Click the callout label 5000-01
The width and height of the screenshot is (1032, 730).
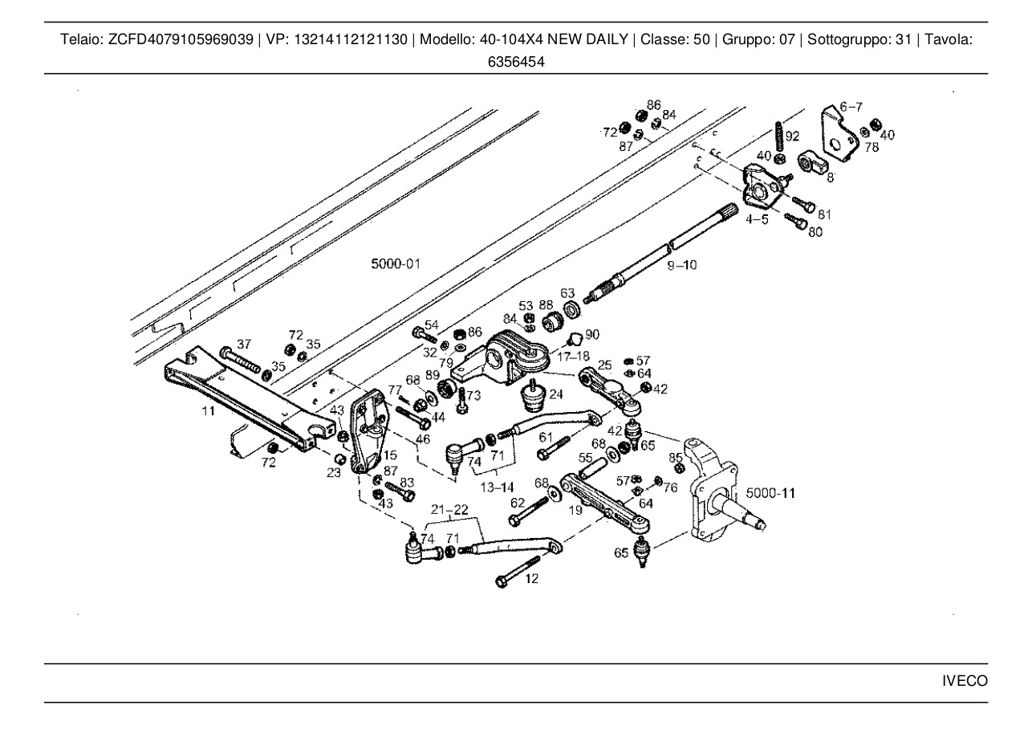396,263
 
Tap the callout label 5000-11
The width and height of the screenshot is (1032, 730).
770,491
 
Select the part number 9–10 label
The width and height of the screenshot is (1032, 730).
682,264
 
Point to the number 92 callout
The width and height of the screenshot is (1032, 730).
793,136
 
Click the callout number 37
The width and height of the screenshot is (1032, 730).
244,343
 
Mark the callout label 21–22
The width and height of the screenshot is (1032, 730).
449,510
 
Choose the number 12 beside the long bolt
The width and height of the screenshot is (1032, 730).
532,578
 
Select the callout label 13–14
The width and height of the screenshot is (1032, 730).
498,487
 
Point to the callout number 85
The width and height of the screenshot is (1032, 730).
676,458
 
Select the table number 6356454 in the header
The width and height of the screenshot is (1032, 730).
516,60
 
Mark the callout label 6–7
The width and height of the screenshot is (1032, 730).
851,107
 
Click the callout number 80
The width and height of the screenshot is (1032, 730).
815,233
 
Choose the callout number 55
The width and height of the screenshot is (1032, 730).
586,455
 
